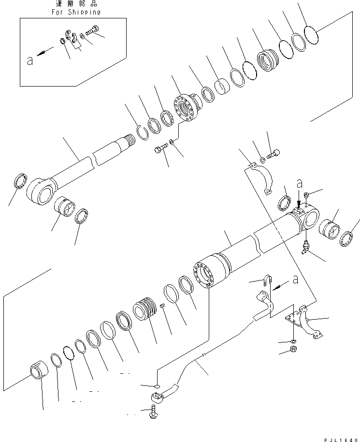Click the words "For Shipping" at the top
(76, 12)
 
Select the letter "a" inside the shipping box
(29, 61)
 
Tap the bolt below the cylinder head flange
(160, 151)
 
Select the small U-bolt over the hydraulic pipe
(267, 280)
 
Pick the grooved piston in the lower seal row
(146, 310)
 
